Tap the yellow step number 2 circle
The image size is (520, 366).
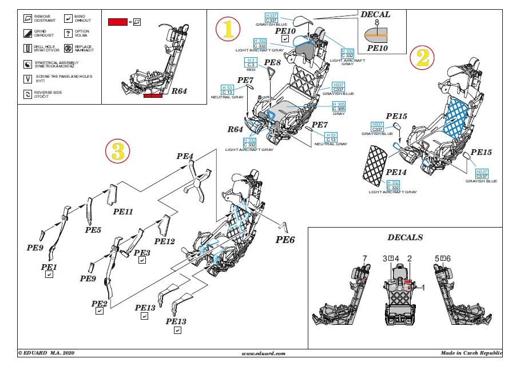[x=422, y=57]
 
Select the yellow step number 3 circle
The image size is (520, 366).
[x=117, y=151]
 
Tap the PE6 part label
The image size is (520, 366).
[x=286, y=240]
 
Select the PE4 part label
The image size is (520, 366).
[x=185, y=156]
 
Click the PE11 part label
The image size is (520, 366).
[x=123, y=212]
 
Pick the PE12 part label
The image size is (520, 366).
[x=164, y=241]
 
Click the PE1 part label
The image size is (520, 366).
[x=49, y=267]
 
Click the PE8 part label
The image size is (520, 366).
[x=272, y=61]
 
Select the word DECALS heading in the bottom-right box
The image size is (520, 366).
[x=406, y=237]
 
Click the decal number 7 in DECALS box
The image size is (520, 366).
[x=364, y=259]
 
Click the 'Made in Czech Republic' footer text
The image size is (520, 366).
[x=471, y=354]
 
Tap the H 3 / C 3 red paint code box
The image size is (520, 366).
[x=250, y=63]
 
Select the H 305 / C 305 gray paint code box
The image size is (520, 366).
[x=339, y=106]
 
